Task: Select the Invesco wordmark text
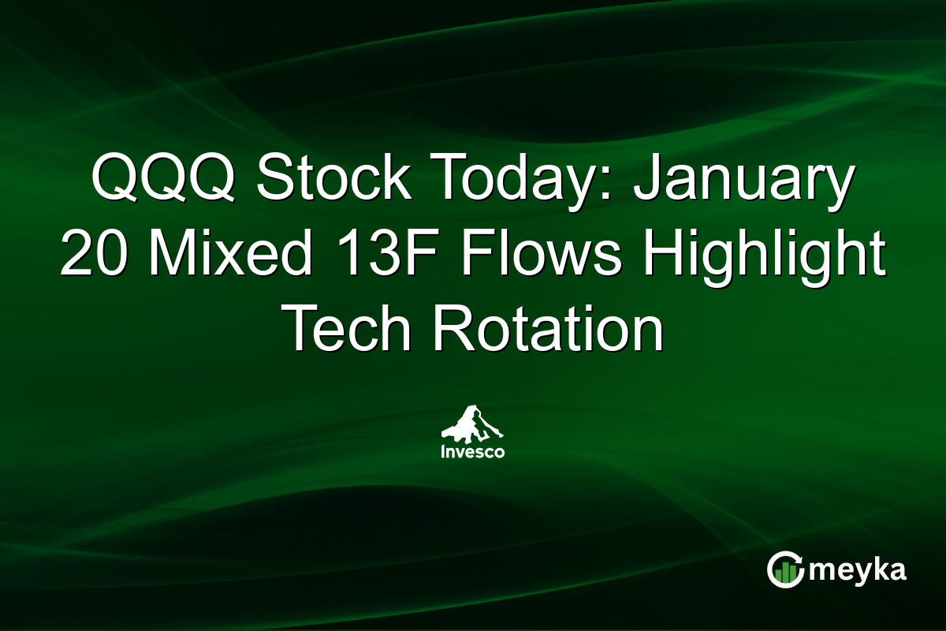(x=473, y=452)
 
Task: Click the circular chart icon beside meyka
(x=785, y=570)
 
